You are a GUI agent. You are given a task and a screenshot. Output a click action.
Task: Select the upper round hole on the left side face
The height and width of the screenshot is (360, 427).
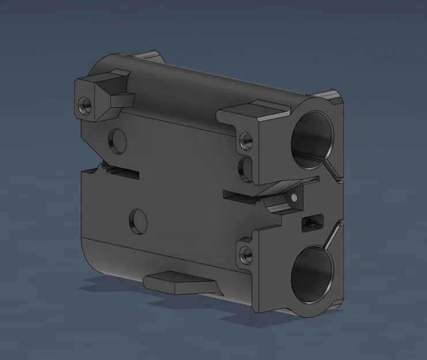pos(117,139)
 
